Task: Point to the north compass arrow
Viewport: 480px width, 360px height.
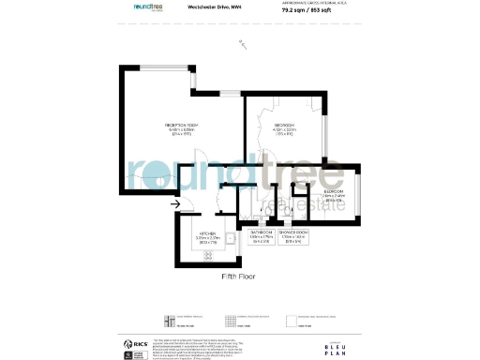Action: [242, 42]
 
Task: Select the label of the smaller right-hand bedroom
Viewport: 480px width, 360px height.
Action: [334, 194]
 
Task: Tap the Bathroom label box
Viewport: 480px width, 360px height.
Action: [262, 235]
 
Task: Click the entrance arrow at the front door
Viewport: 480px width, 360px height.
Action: [175, 202]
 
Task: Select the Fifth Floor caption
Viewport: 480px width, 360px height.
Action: [239, 277]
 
